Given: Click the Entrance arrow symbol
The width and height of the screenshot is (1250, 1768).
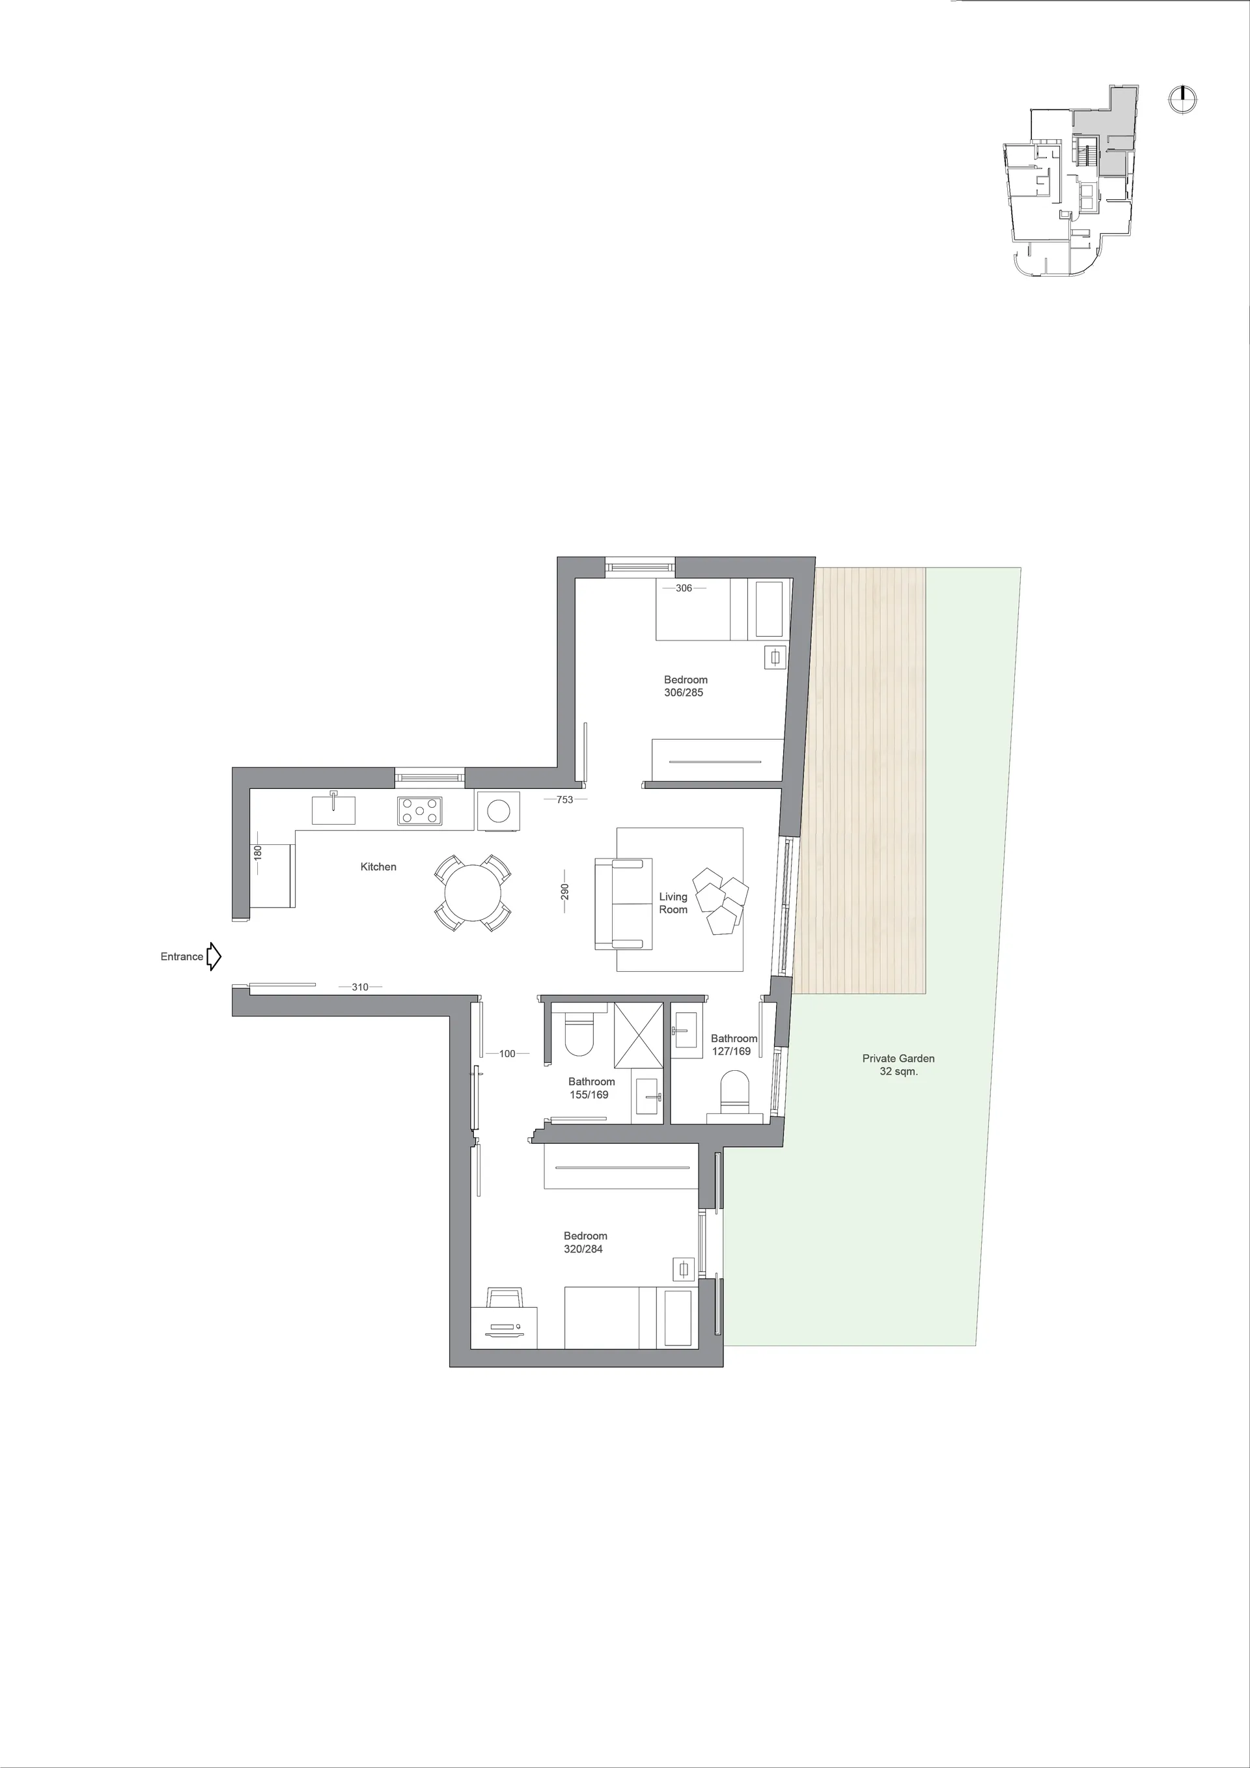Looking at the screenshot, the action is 214,956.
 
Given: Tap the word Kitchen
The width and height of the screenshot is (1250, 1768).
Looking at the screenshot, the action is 378,867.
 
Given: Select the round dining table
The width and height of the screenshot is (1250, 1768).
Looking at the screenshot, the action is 473,893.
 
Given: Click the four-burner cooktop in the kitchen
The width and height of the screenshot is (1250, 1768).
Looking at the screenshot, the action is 420,811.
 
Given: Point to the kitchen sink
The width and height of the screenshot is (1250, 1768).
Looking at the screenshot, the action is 333,809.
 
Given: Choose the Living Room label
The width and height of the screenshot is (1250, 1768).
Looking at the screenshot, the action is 673,904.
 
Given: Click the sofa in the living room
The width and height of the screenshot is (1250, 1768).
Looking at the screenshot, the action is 624,904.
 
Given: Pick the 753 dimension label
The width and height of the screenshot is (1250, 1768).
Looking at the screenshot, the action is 564,800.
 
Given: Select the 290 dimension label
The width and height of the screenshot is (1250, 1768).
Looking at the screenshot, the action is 564,892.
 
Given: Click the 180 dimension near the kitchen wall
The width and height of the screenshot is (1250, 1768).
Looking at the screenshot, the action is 258,853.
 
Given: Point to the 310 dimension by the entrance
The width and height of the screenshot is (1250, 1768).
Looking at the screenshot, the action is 359,988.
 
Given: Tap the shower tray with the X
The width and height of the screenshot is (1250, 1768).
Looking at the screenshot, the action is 639,1035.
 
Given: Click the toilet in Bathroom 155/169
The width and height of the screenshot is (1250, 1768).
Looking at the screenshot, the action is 578,1032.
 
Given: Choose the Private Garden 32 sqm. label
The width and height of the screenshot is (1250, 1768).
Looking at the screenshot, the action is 898,1065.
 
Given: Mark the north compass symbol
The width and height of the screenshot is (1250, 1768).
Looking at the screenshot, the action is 1182,100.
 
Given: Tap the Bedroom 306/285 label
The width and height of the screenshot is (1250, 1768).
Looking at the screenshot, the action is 685,686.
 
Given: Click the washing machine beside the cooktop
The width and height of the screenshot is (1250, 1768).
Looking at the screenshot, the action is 498,811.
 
